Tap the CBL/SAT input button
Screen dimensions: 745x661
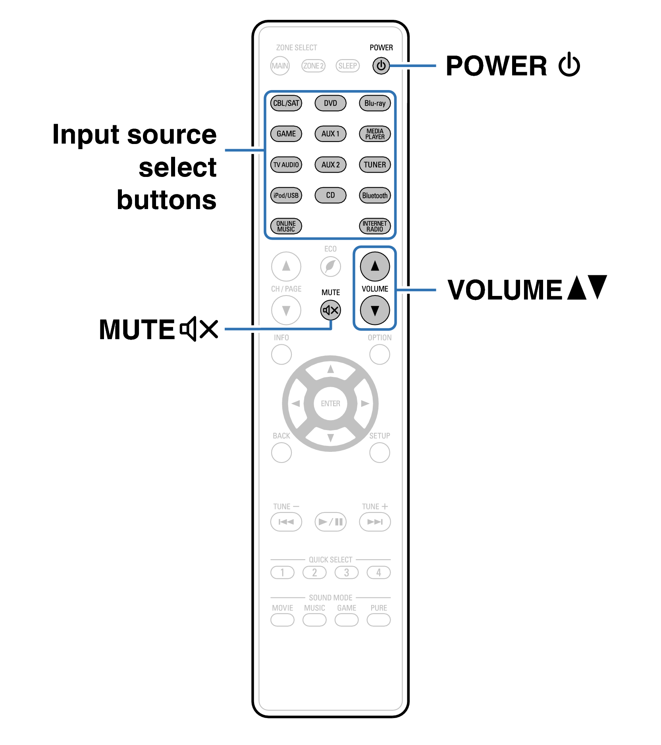[286, 103]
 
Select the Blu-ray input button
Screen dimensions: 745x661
[375, 103]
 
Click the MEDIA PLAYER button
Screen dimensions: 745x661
[375, 134]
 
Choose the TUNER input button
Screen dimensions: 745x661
[375, 165]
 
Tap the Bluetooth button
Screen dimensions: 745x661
[375, 196]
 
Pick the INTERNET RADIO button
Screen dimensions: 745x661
[375, 226]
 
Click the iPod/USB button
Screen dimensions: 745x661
[286, 196]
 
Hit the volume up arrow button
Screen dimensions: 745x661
[375, 266]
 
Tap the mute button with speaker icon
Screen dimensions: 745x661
[330, 310]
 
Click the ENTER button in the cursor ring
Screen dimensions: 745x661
[330, 403]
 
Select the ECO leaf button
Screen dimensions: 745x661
[330, 266]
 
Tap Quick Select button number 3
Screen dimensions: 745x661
[346, 572]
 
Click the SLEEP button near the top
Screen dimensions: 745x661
[347, 66]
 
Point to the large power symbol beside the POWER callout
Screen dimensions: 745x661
[569, 65]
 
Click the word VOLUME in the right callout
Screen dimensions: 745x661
[505, 290]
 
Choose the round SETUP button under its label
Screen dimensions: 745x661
[380, 453]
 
